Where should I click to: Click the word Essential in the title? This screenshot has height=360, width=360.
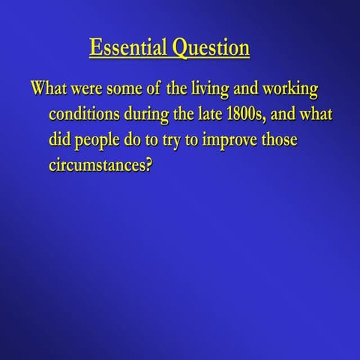point(128,47)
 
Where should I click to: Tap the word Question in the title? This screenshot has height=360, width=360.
point(211,49)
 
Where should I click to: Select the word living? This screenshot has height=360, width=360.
point(210,89)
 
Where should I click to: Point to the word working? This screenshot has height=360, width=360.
point(290,89)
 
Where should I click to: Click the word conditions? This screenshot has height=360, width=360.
point(84,114)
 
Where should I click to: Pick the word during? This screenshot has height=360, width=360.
point(146,115)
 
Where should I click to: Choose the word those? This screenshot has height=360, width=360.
point(280,139)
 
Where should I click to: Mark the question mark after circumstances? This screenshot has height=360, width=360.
point(148,165)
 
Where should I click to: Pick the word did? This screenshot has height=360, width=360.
point(60,139)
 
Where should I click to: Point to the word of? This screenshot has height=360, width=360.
point(153,88)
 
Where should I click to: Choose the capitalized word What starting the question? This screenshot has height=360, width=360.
point(49,88)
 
